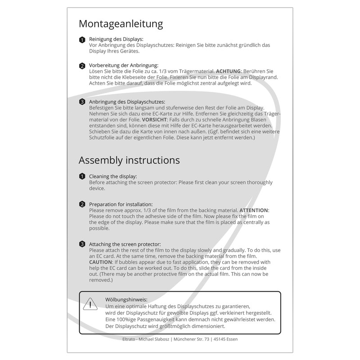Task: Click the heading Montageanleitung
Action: point(121,23)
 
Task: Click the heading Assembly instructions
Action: point(129,160)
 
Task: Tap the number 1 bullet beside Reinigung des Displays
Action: point(82,40)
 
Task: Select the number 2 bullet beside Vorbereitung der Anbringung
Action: point(82,66)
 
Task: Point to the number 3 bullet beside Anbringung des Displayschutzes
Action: point(82,102)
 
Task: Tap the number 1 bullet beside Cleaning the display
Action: point(82,176)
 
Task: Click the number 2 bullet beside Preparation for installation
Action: point(82,204)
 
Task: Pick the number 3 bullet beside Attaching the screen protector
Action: point(82,244)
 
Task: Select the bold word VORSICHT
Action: point(155,120)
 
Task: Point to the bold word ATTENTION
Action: point(254,210)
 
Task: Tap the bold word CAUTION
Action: point(103,262)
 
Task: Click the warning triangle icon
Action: point(90,304)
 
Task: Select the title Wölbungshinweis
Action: point(126,299)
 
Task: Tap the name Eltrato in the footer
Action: point(130,339)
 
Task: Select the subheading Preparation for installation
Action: point(121,204)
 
